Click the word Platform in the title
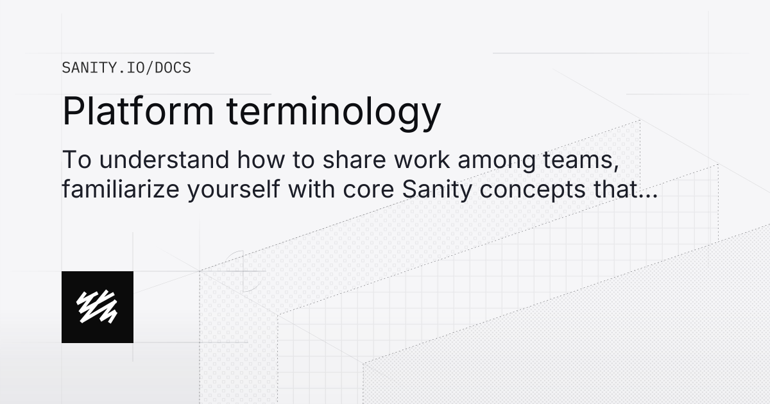(137, 111)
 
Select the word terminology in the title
(333, 112)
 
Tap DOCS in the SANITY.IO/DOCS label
(173, 67)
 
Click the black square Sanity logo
(98, 307)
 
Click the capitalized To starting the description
(76, 160)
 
